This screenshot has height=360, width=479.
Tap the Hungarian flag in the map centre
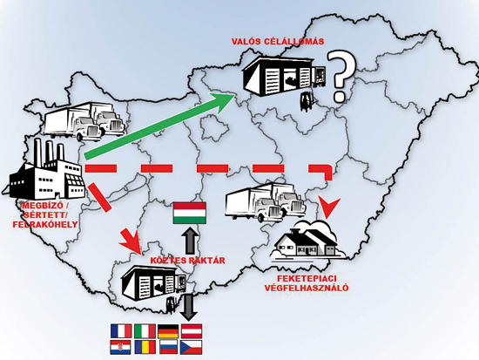pos(190,213)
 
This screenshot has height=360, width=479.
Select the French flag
pos(121,331)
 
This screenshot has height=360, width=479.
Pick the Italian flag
pos(145,331)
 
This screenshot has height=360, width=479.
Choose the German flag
pos(168,331)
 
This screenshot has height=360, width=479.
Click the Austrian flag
pos(192,331)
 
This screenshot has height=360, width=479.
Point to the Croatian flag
pos(121,347)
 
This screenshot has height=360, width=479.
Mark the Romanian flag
pos(145,347)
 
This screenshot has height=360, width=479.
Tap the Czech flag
pos(192,347)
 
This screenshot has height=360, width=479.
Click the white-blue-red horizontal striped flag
pos(168,347)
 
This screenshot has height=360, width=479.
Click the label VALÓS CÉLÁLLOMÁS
pos(278,42)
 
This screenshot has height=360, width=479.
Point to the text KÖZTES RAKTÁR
pos(187,261)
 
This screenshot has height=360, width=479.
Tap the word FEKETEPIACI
pos(307,279)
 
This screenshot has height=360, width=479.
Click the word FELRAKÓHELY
pos(45,225)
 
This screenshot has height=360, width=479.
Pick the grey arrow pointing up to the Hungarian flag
pos(190,241)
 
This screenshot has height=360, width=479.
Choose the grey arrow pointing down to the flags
pos(188,308)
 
